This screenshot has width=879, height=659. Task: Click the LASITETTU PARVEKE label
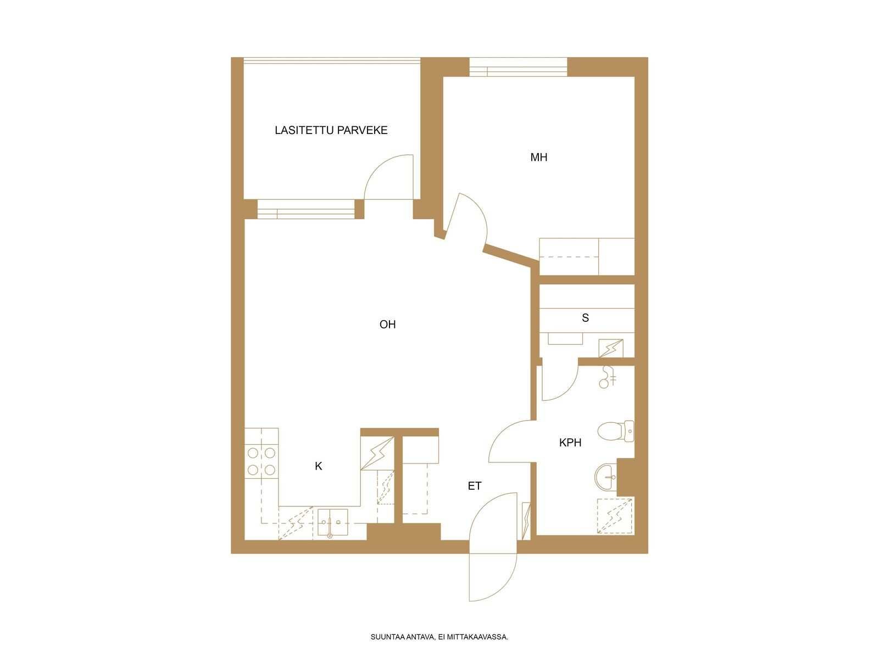click(x=331, y=130)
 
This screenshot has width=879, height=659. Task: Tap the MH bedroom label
click(x=538, y=157)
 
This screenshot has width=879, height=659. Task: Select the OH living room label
click(x=387, y=324)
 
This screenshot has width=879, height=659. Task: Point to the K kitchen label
click(x=318, y=466)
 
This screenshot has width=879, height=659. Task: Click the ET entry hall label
click(x=475, y=486)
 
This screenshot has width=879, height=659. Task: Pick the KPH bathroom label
click(x=570, y=443)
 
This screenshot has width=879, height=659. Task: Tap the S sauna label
click(x=585, y=318)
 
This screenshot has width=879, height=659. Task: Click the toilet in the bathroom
click(x=616, y=431)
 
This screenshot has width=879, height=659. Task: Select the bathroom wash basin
click(x=605, y=477)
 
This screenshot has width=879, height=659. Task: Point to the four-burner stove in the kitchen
click(x=261, y=461)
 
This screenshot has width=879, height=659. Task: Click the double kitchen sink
click(x=333, y=522)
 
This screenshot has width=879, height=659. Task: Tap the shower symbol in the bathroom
click(x=615, y=516)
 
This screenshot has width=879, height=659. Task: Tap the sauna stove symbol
click(x=611, y=348)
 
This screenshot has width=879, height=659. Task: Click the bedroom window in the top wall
click(x=518, y=67)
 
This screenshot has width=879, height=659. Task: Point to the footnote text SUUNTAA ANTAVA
click(x=402, y=637)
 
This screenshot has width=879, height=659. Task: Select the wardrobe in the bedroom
click(x=587, y=256)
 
